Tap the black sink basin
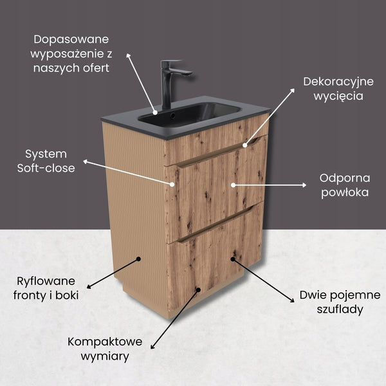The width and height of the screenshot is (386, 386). click(189, 114)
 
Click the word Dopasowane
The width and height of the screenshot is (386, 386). click(71, 39)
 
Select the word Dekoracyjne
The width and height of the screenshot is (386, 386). click(338, 82)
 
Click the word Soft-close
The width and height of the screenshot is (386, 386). click(46, 168)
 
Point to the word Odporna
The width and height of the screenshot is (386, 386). click(345, 178)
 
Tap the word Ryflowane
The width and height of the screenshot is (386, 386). click(46, 281)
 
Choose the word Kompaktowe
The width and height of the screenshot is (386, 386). click(105, 342)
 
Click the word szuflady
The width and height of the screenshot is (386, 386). click(340, 309)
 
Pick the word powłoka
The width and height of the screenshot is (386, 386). click(345, 193)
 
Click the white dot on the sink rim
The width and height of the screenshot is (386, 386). click(155, 113)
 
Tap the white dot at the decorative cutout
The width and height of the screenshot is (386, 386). click(244, 145)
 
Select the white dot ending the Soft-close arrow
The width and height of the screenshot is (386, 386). click(172, 184)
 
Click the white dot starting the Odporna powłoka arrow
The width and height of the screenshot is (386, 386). click(233, 185)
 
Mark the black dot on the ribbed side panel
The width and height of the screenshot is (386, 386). click(138, 259)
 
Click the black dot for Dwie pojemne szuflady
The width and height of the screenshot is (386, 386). click(233, 259)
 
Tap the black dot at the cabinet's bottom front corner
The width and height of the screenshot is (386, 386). click(198, 290)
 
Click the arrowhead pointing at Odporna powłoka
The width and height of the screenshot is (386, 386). click(304, 185)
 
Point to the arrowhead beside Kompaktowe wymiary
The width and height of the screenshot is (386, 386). click(152, 347)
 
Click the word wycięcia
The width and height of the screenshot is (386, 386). click(338, 96)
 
